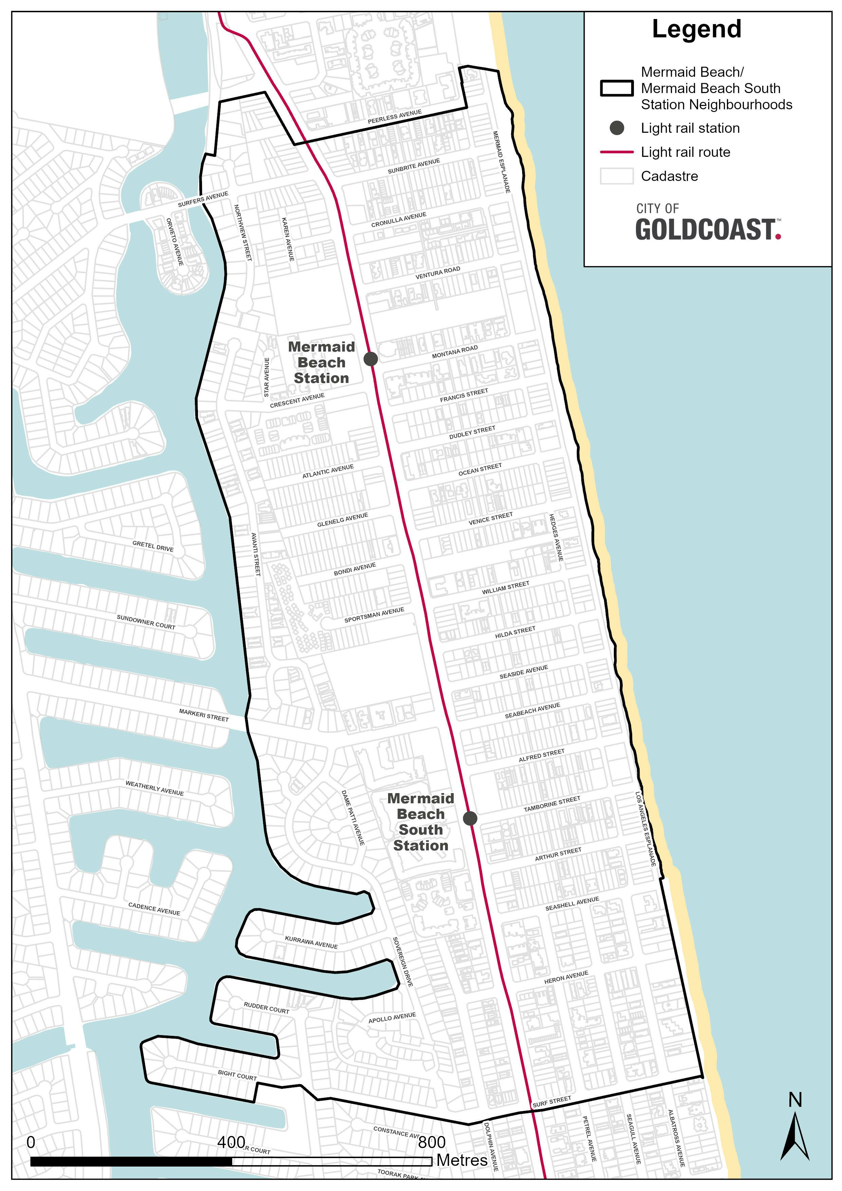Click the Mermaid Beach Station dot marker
pyautogui.click(x=370, y=359)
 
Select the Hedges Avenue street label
pyautogui.click(x=556, y=537)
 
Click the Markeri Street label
pyautogui.click(x=204, y=715)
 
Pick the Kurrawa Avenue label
pyautogui.click(x=311, y=942)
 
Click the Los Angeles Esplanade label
pyautogui.click(x=646, y=828)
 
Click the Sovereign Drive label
pyautogui.click(x=403, y=961)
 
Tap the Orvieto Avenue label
pyautogui.click(x=175, y=242)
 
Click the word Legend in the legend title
pyautogui.click(x=696, y=29)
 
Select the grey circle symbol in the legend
pyautogui.click(x=616, y=128)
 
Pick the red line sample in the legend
pyautogui.click(x=616, y=152)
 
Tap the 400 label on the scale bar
pyautogui.click(x=232, y=1142)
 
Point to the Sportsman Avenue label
pyautogui.click(x=374, y=615)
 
